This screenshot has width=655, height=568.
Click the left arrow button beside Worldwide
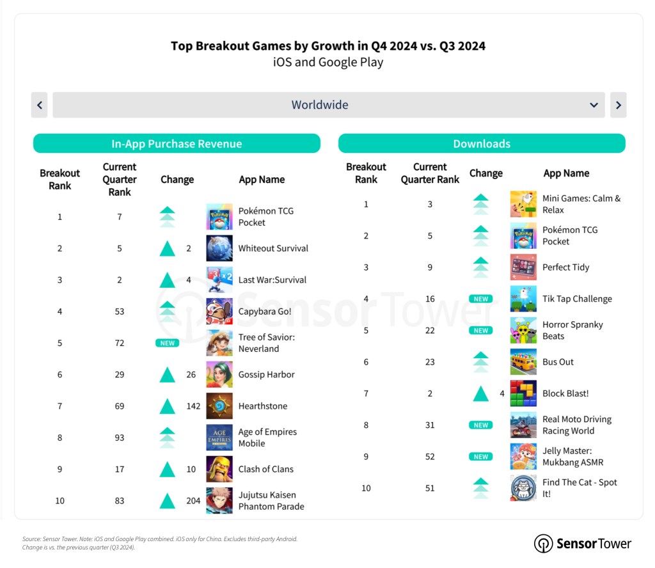coord(40,105)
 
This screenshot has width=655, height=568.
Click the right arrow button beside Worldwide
coord(618,105)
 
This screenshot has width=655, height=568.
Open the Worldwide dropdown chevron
coord(594,105)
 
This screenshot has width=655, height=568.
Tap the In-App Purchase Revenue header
coord(177,144)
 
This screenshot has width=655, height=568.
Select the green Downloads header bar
coord(482,144)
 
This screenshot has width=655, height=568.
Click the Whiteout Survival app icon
coord(219,248)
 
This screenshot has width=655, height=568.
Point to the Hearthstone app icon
coord(219,406)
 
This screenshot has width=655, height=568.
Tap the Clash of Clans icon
coord(219,469)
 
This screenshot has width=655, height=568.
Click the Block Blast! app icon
coord(523,393)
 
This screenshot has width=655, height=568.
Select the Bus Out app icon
coord(523,362)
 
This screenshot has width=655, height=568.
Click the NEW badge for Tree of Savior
coord(167,343)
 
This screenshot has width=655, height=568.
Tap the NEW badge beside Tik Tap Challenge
coord(481,299)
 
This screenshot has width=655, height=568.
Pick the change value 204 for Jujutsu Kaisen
coord(193,501)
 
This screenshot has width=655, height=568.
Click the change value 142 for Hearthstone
coord(193,406)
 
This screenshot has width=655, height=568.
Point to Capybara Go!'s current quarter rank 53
coord(120,312)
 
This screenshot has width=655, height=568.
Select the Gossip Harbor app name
coord(266,374)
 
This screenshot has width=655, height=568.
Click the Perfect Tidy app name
coord(565,267)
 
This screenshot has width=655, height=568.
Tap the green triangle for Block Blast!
coord(481,393)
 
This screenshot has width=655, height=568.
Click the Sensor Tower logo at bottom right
coord(583,544)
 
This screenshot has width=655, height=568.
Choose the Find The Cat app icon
coord(523,488)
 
